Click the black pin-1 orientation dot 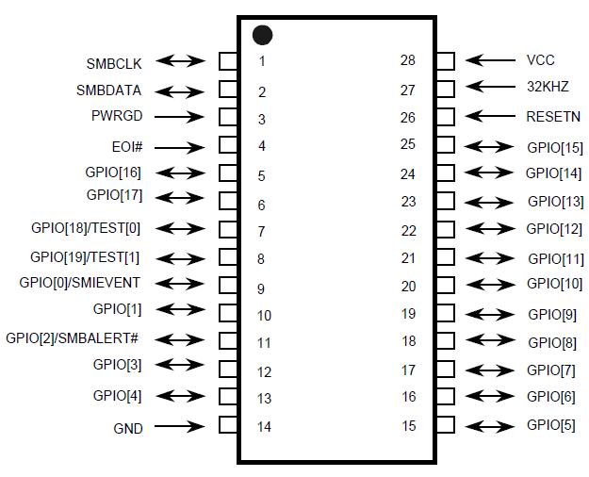(x=263, y=36)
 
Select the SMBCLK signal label (x=114, y=64)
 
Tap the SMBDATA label (x=109, y=91)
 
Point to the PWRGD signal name (x=117, y=117)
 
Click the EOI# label (x=126, y=147)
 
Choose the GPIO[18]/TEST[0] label (x=86, y=228)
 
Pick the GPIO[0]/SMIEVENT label (x=80, y=283)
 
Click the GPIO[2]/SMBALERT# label (x=73, y=338)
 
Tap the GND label (x=128, y=428)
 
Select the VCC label (x=541, y=60)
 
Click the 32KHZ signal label (x=548, y=87)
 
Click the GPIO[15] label (x=555, y=148)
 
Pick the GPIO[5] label (x=551, y=425)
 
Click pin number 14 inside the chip (x=264, y=426)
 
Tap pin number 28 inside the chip (x=408, y=60)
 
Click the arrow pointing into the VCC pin (x=490, y=60)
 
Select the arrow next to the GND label (x=179, y=426)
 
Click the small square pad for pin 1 (x=228, y=60)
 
